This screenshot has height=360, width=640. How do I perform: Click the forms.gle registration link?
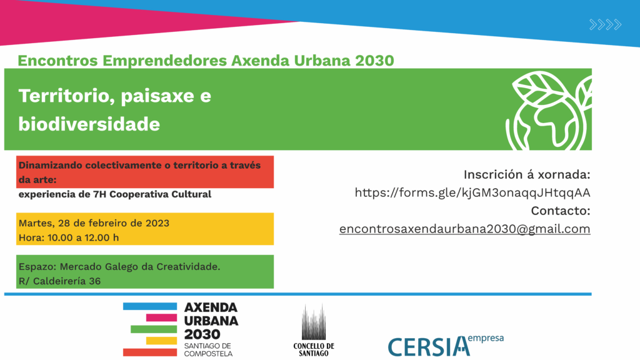[x=472, y=192]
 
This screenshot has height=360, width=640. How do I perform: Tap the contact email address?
[x=464, y=229]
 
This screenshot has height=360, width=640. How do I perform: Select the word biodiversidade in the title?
[x=89, y=124]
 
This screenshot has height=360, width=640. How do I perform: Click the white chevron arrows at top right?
[x=605, y=25]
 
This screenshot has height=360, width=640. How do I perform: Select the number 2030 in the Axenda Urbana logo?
[x=203, y=334]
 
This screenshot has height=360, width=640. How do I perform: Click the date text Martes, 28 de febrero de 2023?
[x=94, y=223]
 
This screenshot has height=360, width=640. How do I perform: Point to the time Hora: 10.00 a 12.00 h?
[x=69, y=237]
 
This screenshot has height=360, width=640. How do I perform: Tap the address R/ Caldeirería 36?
[x=60, y=281]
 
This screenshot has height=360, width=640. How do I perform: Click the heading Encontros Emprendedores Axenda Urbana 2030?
[x=206, y=61]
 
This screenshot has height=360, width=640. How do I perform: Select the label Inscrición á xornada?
[x=527, y=174]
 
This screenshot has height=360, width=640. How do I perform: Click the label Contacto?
[x=561, y=211]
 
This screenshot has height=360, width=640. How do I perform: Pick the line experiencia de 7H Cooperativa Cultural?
[x=115, y=194]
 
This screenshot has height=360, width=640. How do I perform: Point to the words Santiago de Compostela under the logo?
[x=208, y=349]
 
